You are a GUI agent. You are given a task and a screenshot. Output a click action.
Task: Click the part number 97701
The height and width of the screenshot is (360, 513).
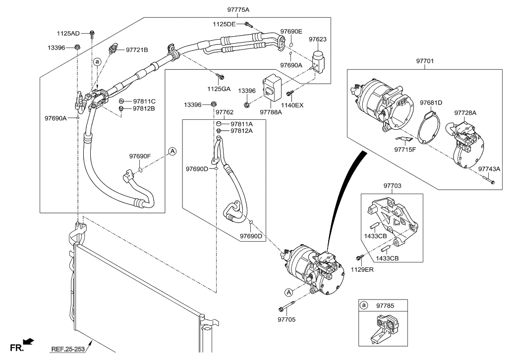coord(425,61)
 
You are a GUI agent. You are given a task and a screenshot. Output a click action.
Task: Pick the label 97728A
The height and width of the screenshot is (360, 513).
coord(465,112)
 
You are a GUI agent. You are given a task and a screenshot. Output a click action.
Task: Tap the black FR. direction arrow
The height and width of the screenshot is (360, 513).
coord(29,341)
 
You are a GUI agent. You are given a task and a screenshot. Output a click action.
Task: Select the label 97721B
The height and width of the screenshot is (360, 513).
coord(137,50)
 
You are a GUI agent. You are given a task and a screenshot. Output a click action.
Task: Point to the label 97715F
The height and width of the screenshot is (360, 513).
coord(406,149)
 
